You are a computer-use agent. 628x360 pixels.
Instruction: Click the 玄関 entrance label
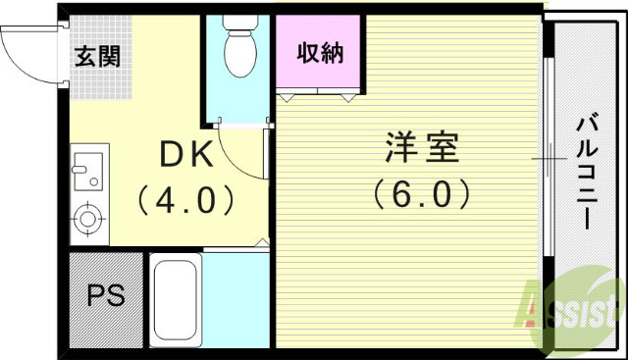tap(97, 56)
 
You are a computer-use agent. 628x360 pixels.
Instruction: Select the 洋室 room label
tap(420, 150)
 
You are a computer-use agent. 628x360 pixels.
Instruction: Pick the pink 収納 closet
tap(319, 53)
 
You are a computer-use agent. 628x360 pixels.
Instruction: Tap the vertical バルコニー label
tap(586, 173)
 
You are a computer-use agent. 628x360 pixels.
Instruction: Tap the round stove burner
tap(88, 218)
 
